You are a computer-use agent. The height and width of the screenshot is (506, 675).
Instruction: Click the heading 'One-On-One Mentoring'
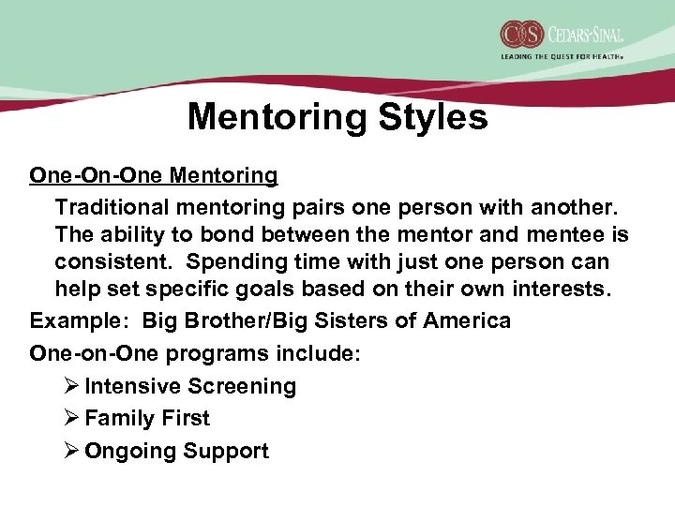[x=154, y=174]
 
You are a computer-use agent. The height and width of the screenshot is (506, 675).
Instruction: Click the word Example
[x=70, y=321]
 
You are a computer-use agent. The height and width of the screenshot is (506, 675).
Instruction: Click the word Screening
[x=242, y=386]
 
